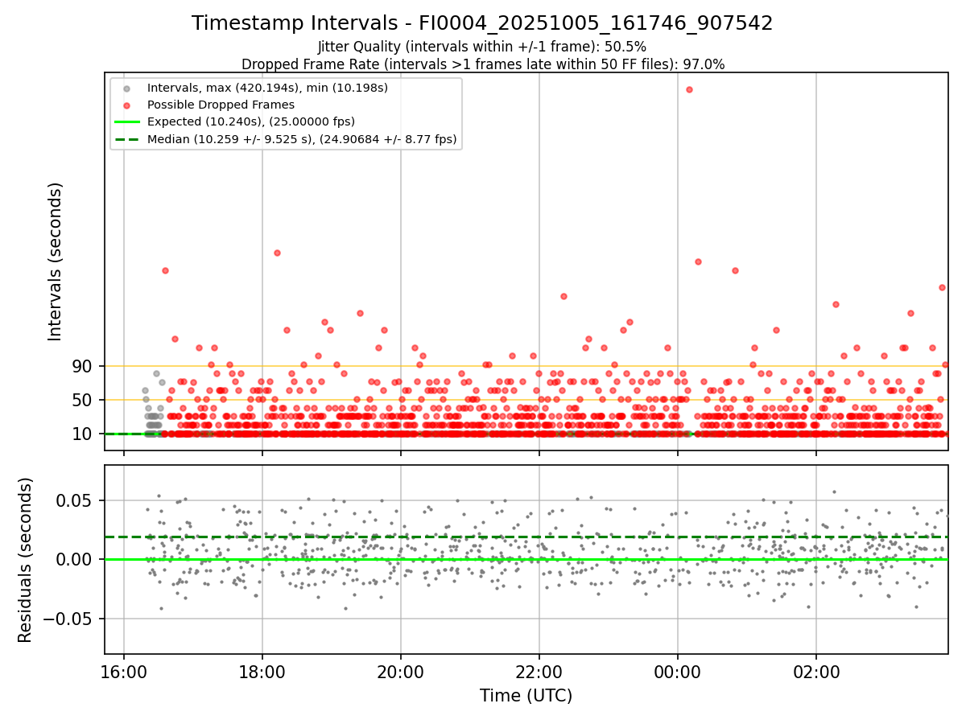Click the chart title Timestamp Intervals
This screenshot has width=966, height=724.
pyautogui.click(x=482, y=23)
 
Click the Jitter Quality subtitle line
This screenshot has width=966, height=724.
pyautogui.click(x=482, y=47)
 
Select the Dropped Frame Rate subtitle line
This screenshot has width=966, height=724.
pyautogui.click(x=482, y=64)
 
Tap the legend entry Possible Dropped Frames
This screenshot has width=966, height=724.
pyautogui.click(x=221, y=105)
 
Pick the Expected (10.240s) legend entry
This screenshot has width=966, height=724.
pyautogui.click(x=251, y=121)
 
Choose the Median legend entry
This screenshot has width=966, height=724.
pyautogui.click(x=302, y=139)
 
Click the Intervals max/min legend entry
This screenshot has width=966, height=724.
pyautogui.click(x=267, y=88)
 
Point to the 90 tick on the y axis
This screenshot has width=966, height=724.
pyautogui.click(x=82, y=366)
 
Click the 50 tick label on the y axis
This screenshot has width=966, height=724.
pyautogui.click(x=82, y=400)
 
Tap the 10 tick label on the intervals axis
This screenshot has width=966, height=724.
pyautogui.click(x=82, y=434)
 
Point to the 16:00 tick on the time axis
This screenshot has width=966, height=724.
pyautogui.click(x=124, y=672)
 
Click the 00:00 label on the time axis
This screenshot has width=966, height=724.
pyautogui.click(x=678, y=672)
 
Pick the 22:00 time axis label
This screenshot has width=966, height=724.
pyautogui.click(x=539, y=672)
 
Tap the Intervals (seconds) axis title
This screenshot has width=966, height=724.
pyautogui.click(x=55, y=261)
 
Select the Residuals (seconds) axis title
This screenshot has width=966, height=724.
pyautogui.click(x=26, y=560)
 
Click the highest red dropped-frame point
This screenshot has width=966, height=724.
pyautogui.click(x=689, y=89)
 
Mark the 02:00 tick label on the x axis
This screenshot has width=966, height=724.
pyautogui.click(x=816, y=672)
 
